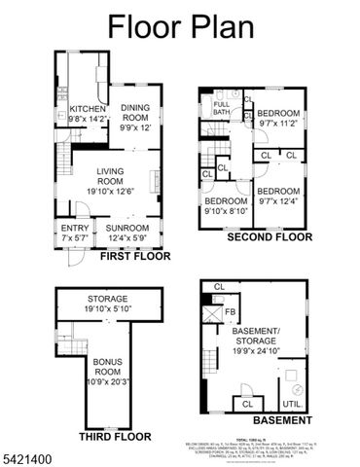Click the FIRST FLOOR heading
[x=134, y=257]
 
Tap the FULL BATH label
[x=222, y=107]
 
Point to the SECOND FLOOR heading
[x=269, y=236]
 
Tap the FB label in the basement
[x=230, y=312]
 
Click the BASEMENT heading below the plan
[x=282, y=421]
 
